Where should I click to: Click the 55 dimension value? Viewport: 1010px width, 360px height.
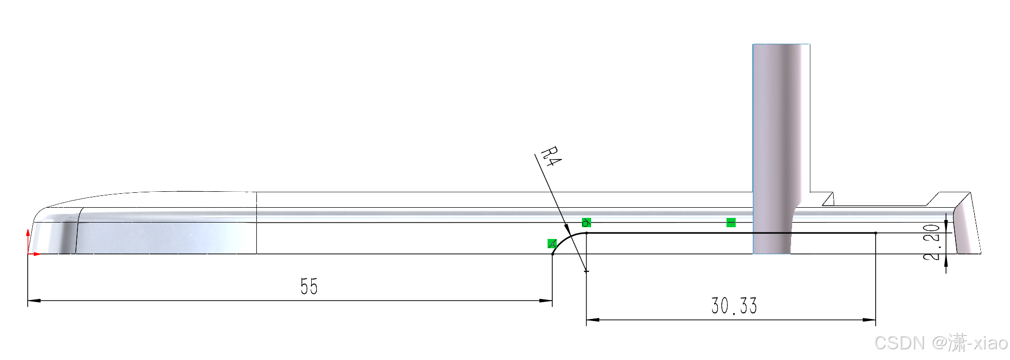click(x=309, y=286)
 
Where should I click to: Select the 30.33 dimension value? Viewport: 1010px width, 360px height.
click(x=734, y=306)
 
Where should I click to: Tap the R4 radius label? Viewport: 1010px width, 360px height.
click(x=551, y=156)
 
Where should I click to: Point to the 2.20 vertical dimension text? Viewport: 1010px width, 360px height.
click(x=931, y=242)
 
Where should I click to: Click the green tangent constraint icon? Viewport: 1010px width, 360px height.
click(x=587, y=223)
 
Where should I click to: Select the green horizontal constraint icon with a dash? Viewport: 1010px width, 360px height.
click(x=731, y=223)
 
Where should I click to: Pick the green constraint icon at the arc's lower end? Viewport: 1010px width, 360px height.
click(x=552, y=244)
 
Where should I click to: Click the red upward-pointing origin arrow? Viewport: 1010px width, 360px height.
click(x=28, y=233)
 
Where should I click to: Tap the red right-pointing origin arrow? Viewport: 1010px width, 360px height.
click(x=36, y=254)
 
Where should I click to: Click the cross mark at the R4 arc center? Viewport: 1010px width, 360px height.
click(x=587, y=271)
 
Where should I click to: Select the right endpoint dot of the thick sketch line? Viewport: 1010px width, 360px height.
click(x=876, y=233)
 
